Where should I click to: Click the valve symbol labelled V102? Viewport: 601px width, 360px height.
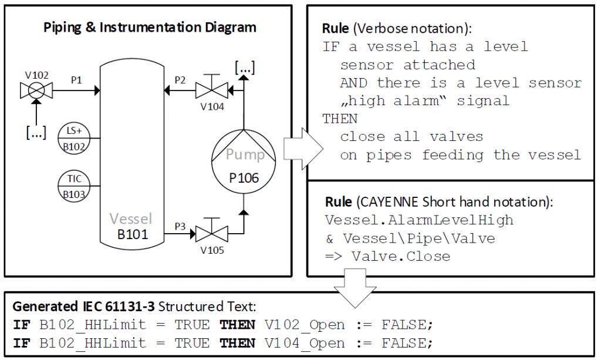click(x=36, y=90)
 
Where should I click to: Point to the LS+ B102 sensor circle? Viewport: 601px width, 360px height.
click(x=73, y=139)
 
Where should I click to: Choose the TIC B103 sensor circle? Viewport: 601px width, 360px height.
click(x=73, y=184)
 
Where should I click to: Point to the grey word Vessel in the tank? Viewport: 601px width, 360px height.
click(x=133, y=220)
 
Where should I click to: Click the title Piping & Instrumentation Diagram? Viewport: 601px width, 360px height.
click(x=150, y=27)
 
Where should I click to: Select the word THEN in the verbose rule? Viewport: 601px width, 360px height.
click(x=340, y=119)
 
